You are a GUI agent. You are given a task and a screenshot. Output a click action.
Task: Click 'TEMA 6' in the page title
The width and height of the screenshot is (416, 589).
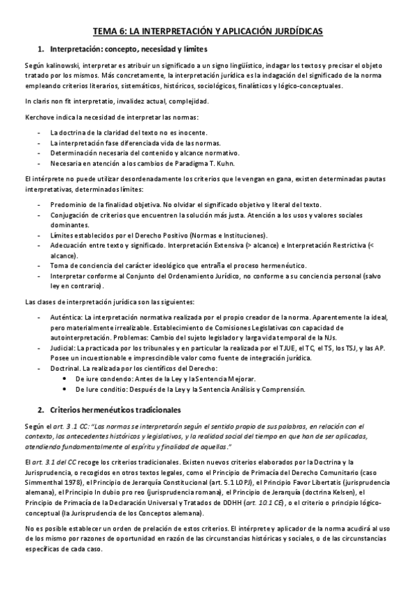[x=111, y=31]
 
